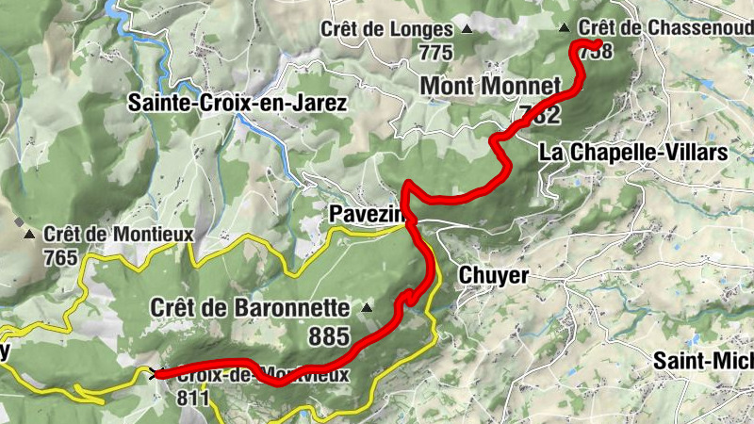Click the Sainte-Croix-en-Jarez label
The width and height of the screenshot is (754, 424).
238,103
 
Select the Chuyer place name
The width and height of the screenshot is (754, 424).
493,274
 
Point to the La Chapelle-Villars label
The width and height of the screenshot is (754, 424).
632,152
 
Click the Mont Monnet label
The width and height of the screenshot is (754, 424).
489,87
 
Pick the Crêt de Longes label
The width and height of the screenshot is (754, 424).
386,29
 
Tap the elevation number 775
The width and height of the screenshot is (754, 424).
436,53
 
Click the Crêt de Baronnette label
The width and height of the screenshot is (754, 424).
250,308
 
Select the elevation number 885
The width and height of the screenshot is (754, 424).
329,336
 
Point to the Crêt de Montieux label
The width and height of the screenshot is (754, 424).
118,233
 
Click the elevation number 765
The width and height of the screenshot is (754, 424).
60,255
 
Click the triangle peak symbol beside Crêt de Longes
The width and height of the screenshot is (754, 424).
465,30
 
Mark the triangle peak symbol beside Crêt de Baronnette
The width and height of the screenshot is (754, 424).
366,308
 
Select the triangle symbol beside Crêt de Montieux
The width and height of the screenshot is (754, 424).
30,234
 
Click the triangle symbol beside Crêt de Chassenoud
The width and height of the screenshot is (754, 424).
565,28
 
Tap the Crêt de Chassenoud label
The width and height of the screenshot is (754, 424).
665,28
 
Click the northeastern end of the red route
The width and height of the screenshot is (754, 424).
598,43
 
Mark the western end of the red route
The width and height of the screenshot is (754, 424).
156,375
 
